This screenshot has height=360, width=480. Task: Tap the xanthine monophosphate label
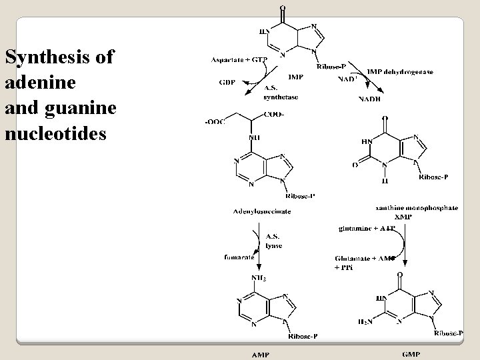pos(417,209)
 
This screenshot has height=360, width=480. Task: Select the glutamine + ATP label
pos(367,229)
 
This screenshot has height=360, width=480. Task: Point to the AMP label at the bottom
pos(260,354)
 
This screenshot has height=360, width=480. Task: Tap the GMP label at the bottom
pos(411,353)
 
